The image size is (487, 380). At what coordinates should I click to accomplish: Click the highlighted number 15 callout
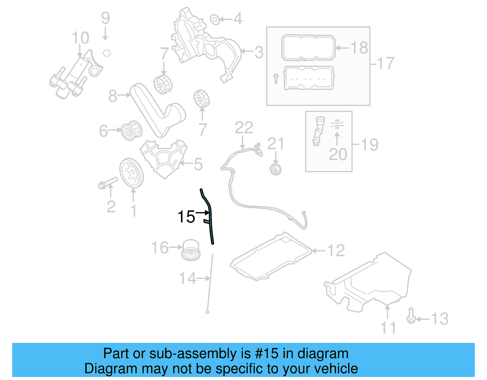point(186,217)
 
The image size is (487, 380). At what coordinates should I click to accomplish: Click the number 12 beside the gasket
point(336,250)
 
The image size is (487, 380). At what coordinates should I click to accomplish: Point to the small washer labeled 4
point(215,19)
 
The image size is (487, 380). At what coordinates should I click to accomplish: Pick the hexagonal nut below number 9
point(106,53)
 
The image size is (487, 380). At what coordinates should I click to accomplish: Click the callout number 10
point(80,38)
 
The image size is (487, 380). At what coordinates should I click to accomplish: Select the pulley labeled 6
point(131,131)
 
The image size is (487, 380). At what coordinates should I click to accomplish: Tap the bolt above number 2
point(108,182)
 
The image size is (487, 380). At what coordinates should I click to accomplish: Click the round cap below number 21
point(276,169)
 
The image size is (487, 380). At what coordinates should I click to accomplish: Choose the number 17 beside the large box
point(386,63)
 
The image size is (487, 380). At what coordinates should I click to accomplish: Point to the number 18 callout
point(359,48)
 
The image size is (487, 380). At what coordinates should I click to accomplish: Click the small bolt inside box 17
point(276,78)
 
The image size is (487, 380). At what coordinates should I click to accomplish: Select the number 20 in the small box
point(338,155)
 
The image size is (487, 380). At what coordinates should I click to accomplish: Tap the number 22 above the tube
point(244,128)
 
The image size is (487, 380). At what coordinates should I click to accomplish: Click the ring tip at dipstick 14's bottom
point(207,312)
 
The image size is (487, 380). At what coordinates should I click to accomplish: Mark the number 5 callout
point(198,164)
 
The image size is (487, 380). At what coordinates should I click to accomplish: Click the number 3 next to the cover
point(259,52)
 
